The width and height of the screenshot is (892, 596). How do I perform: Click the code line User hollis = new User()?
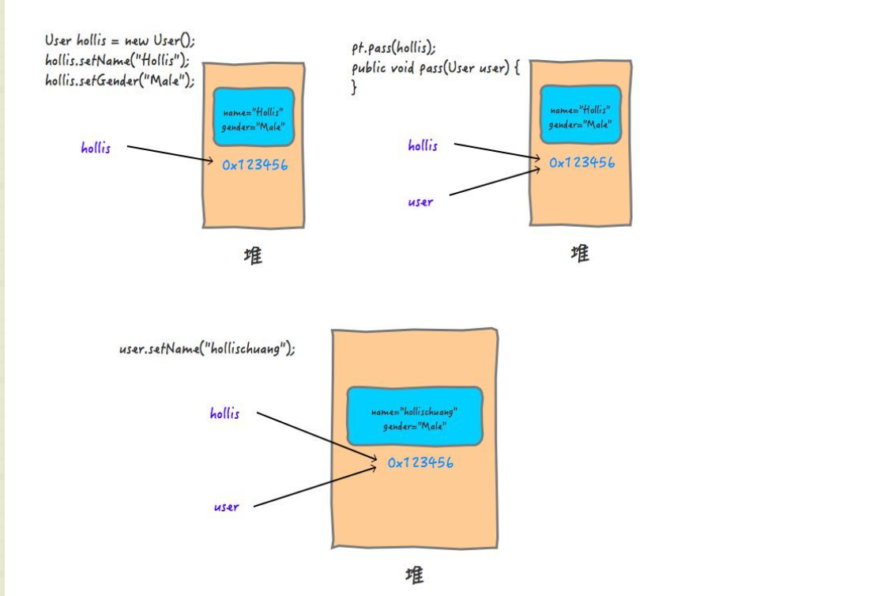tap(119, 42)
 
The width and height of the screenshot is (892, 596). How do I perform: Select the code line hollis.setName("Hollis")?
tap(117, 61)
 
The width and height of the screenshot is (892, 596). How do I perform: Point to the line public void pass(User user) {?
tap(435, 68)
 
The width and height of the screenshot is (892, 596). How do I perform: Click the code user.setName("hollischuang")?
tap(207, 349)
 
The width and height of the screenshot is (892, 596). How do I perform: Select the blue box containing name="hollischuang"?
tap(415, 416)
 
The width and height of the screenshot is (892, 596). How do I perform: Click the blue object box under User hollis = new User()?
tap(254, 116)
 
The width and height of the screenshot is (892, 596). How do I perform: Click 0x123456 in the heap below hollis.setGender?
tap(254, 164)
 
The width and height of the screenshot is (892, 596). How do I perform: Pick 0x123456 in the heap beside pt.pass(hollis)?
tap(581, 163)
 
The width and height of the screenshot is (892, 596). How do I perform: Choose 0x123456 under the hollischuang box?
tap(420, 462)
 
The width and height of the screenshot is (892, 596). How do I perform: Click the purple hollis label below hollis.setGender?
tap(96, 148)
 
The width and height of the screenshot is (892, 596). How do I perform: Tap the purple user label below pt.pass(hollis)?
tap(420, 202)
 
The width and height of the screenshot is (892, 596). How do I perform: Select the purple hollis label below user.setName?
tap(224, 413)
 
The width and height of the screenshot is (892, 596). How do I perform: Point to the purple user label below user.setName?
tap(226, 507)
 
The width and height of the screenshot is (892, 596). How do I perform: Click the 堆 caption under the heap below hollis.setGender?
tap(252, 257)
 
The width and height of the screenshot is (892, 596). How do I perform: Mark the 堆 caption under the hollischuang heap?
tap(414, 575)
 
